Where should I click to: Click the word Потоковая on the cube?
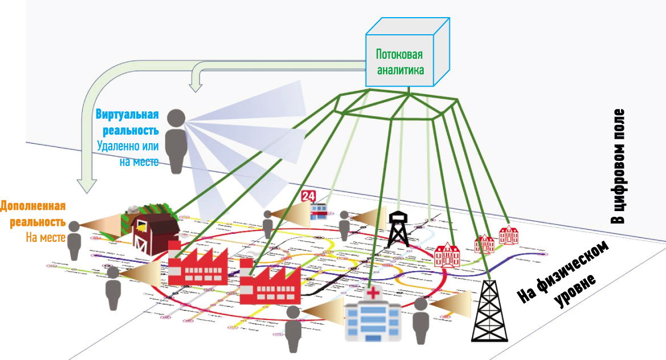(x=399, y=55)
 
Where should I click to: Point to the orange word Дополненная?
(x=33, y=206)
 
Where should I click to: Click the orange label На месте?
(x=46, y=237)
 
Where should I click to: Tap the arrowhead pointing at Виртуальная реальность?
(x=196, y=86)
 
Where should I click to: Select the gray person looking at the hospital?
(x=293, y=331)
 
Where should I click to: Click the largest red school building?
(x=447, y=255)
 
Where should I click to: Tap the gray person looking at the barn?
(x=74, y=240)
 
